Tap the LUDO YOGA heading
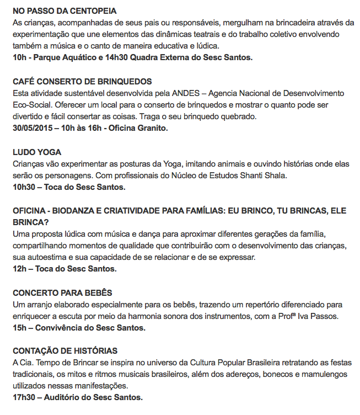pos(37,152)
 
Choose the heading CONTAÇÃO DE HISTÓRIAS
pos(65,351)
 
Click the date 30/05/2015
pos(34,128)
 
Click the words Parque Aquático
pos(71,58)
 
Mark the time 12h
pos(19,269)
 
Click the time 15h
pos(19,328)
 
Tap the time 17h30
pos(24,397)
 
